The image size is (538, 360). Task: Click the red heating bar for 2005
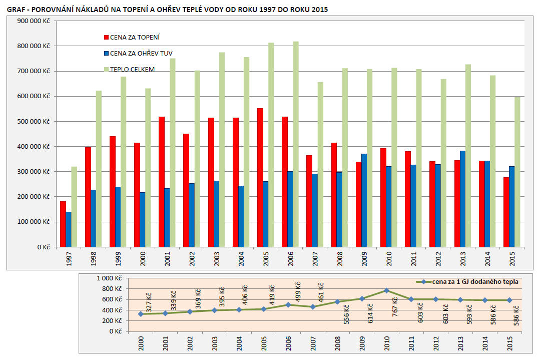pyautogui.click(x=260, y=178)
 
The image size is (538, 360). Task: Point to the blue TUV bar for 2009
pyautogui.click(x=364, y=200)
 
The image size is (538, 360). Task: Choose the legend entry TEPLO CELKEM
pyautogui.click(x=132, y=69)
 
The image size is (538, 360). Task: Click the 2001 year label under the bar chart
pyautogui.click(x=167, y=259)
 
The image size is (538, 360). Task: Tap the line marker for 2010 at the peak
pyautogui.click(x=386, y=290)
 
